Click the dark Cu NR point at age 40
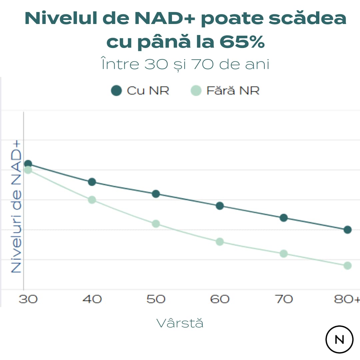(x=92, y=182)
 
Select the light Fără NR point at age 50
(x=156, y=224)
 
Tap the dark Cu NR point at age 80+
(x=347, y=230)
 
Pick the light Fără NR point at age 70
(x=284, y=254)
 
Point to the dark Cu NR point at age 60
(x=220, y=206)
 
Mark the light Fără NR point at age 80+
(x=347, y=266)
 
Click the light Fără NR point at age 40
(x=92, y=200)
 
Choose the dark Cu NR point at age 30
(x=28, y=164)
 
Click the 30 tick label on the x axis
(x=28, y=299)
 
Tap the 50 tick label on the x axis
(x=156, y=299)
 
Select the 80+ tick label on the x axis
(x=347, y=299)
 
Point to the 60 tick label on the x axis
(x=220, y=299)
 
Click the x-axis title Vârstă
(x=180, y=323)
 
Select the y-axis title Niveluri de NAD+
(x=16, y=207)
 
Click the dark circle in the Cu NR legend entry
(x=116, y=91)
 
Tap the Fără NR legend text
(x=233, y=91)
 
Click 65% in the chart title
(x=242, y=42)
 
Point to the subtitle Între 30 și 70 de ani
(x=185, y=64)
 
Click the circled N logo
(x=339, y=339)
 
